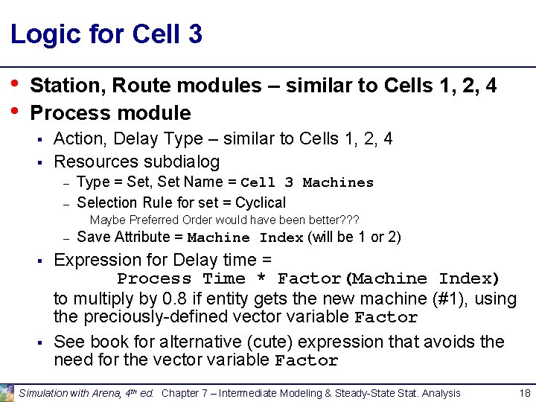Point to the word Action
coord(78,138)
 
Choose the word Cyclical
coord(260,202)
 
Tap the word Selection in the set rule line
coord(105,202)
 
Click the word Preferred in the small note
coord(152,220)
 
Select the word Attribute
coord(147,237)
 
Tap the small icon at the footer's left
coord(7,393)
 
